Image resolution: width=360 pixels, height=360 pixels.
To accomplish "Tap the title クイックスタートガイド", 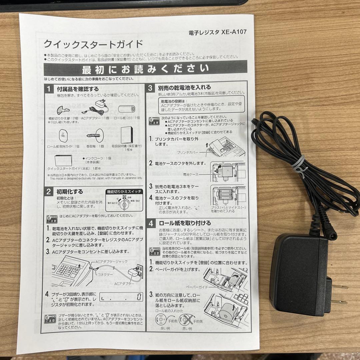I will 93,44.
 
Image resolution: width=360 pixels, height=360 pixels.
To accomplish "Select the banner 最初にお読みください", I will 145,70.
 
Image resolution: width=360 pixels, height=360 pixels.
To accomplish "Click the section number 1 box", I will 49,89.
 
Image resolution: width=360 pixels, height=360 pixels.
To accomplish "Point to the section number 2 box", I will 49,192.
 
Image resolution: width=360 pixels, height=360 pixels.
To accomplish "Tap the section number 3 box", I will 150,88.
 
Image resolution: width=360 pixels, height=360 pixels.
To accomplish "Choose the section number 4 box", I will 151,223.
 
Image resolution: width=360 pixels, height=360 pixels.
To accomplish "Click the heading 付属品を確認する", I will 78,89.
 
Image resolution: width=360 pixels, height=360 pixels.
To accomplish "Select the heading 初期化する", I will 70,192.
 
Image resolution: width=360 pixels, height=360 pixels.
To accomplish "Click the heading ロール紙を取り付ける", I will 185,223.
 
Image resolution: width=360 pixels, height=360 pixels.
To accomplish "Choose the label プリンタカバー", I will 187,152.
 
